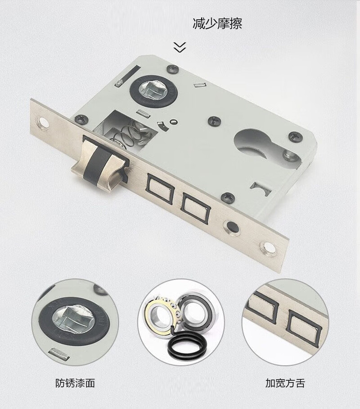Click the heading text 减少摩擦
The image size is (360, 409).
click(217, 23)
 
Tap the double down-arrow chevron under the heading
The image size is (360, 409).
click(180, 47)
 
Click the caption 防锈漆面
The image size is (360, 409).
click(75, 383)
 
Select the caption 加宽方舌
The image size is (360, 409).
click(285, 383)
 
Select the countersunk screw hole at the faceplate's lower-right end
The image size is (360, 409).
click(267, 248)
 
